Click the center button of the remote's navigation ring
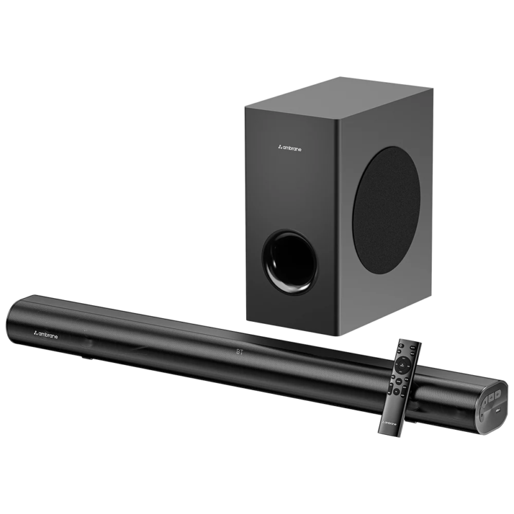click(402, 365)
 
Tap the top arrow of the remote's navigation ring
click(403, 358)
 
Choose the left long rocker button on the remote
click(390, 389)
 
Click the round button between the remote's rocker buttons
click(396, 391)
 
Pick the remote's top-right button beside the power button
click(412, 348)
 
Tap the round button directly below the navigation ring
click(399, 382)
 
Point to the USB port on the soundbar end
click(498, 411)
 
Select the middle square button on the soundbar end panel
click(491, 398)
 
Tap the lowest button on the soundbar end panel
click(482, 415)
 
